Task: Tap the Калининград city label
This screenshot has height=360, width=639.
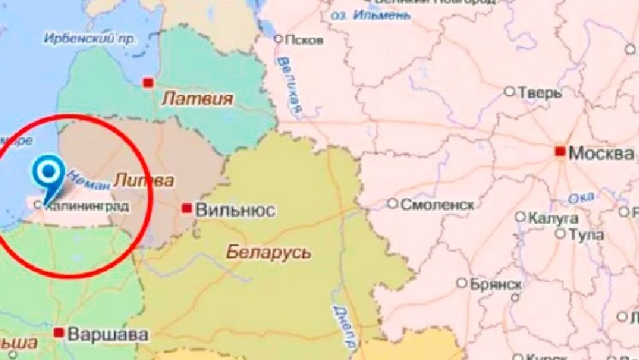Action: [82, 206]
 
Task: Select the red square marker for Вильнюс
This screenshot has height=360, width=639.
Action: [186, 208]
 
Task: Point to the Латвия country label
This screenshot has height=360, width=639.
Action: [197, 99]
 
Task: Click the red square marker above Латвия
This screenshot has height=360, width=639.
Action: [149, 82]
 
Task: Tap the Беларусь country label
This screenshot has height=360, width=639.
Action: [268, 253]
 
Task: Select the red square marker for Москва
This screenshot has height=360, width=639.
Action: [560, 152]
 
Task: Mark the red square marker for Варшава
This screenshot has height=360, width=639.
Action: [59, 332]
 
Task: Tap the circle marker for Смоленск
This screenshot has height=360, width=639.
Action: [393, 204]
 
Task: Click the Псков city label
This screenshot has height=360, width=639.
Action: [306, 39]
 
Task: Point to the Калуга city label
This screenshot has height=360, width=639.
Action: [551, 218]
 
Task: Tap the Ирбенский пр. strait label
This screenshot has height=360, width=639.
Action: [91, 39]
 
